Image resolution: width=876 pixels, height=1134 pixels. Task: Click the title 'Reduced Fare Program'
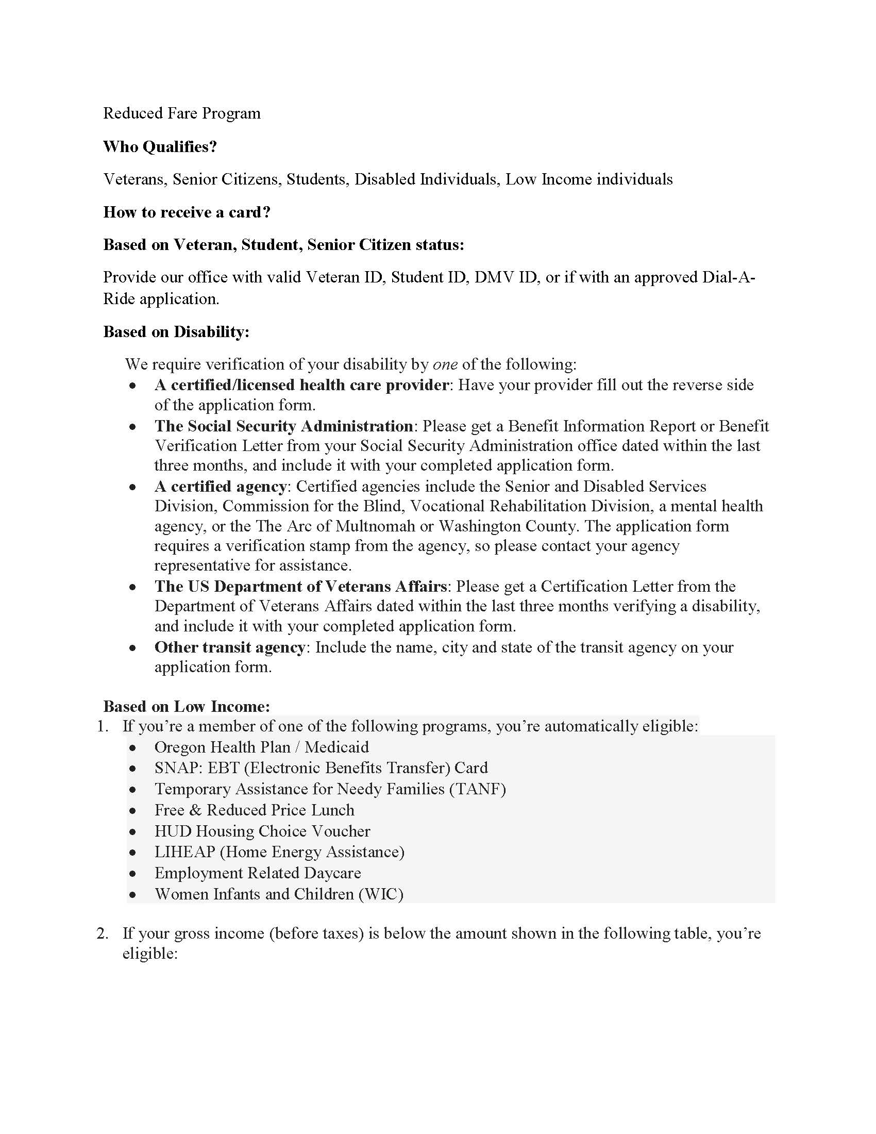181,113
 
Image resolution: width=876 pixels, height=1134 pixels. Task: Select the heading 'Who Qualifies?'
160,146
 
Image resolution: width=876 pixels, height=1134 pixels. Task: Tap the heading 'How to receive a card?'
187,212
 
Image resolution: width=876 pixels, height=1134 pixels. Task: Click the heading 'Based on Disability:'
176,331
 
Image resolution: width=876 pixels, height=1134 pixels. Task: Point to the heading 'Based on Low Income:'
187,706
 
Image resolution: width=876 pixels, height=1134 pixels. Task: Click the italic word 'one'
445,364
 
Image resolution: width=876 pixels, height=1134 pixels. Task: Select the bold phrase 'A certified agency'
221,487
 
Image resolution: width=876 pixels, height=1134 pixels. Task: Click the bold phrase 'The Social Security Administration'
283,426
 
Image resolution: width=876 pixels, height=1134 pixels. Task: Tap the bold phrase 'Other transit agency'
229,647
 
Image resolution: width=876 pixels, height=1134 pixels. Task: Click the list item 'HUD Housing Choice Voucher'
262,831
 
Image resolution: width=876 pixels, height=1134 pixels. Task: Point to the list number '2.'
103,933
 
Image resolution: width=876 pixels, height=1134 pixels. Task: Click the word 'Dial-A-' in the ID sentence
729,277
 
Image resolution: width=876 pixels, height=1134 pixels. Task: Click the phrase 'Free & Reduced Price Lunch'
254,810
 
